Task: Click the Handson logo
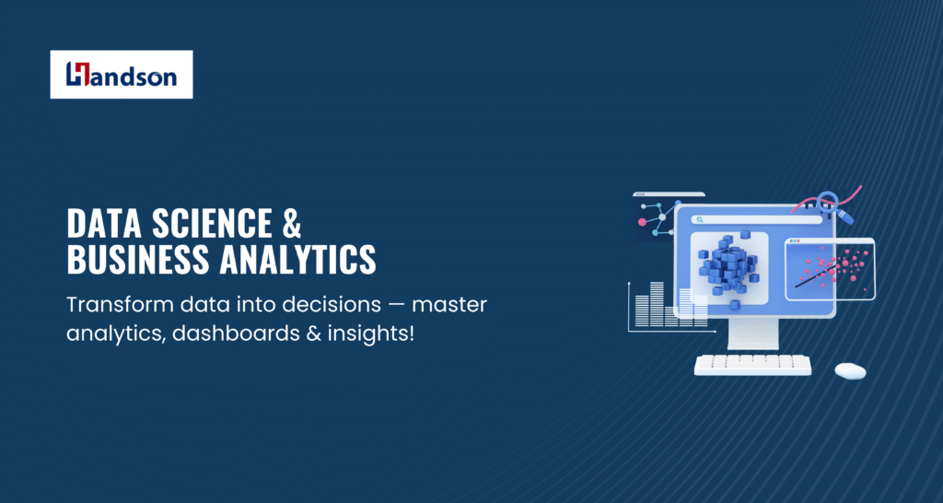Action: point(122,74)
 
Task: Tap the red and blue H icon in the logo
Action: point(77,74)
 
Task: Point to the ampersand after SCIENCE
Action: point(292,223)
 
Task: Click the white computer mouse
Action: point(850,370)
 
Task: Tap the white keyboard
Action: point(752,365)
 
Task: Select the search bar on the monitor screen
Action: point(756,220)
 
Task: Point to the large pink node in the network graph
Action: point(642,222)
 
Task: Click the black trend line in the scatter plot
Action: point(819,274)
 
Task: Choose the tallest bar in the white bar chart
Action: point(657,304)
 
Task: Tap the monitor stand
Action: point(753,333)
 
